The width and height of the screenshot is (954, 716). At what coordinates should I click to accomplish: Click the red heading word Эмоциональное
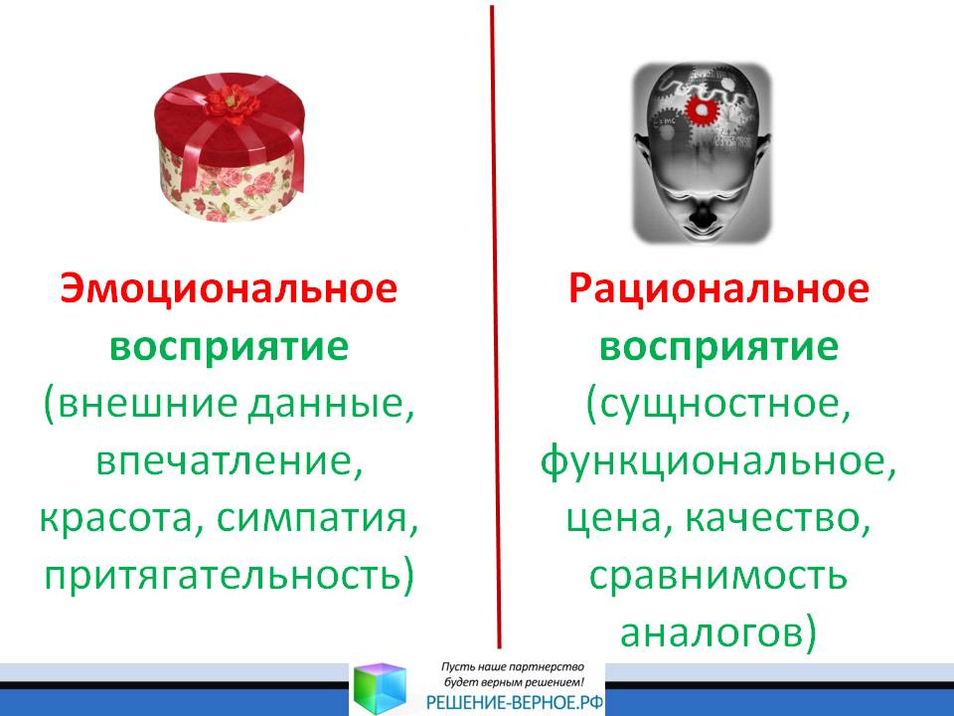pos(229,288)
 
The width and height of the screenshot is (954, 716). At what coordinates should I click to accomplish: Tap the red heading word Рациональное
pos(718,288)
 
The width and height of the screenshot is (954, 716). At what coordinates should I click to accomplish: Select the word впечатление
pos(226,461)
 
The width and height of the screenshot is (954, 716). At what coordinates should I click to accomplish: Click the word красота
pos(115,519)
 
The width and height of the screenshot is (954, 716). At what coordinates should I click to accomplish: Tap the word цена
pos(612,519)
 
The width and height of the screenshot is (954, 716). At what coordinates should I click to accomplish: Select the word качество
pos(770,519)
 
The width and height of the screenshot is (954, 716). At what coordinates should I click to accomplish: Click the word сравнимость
pos(717,576)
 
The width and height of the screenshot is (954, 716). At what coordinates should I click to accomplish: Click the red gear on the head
pos(703,109)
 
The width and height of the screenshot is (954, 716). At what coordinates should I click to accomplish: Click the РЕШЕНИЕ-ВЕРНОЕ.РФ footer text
pos(515,703)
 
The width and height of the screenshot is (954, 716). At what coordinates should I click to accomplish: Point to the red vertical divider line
pos(495,326)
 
